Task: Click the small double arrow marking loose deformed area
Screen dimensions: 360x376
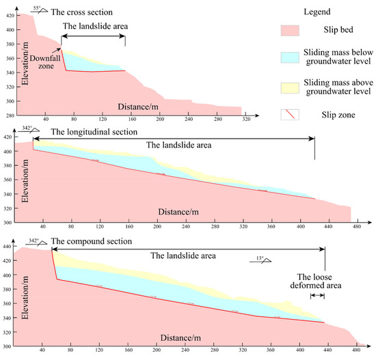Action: coord(317,296)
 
